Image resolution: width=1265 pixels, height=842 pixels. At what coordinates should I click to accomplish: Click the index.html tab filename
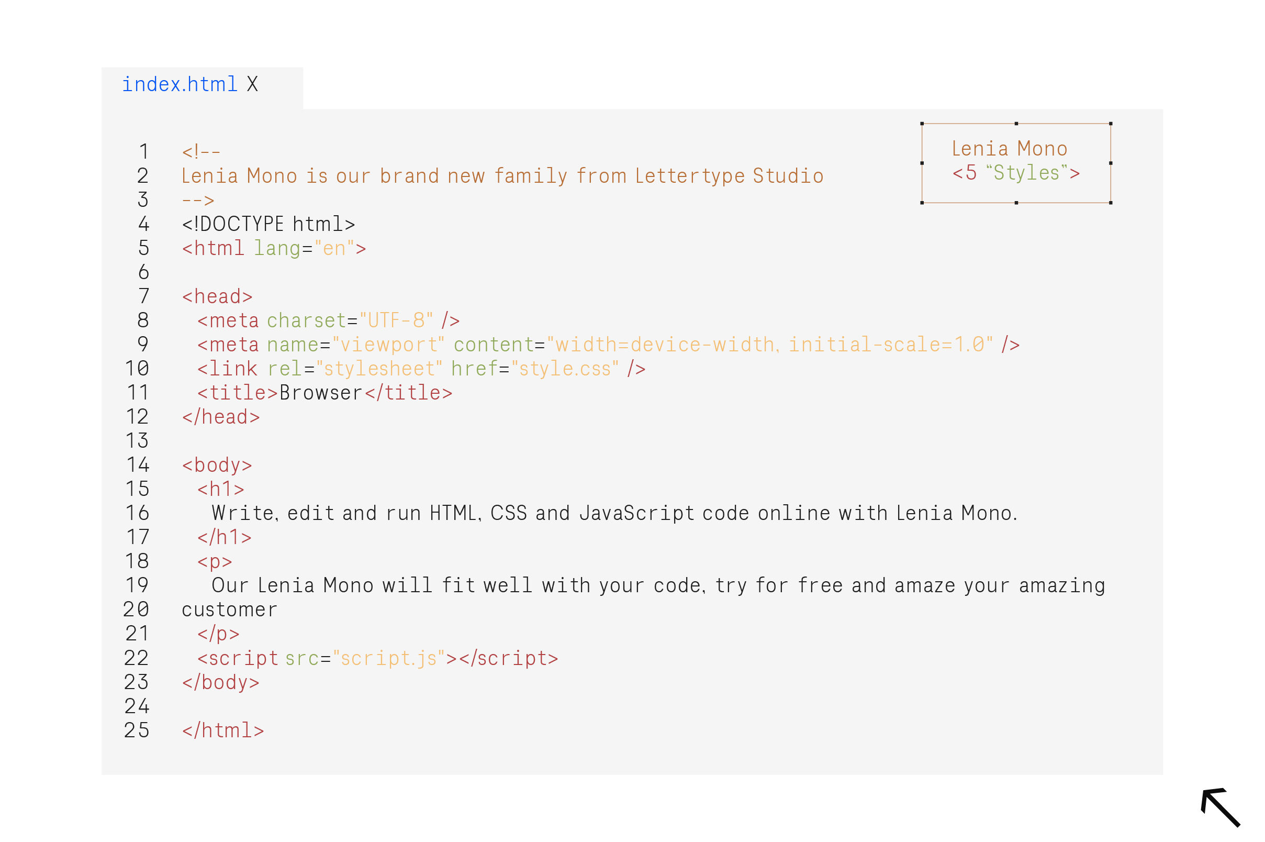click(x=180, y=84)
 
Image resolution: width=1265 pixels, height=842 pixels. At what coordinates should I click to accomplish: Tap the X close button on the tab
click(x=252, y=84)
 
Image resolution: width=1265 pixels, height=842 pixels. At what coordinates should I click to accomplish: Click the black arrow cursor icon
click(x=1221, y=807)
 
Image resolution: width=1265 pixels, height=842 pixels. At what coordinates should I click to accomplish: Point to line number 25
click(x=136, y=730)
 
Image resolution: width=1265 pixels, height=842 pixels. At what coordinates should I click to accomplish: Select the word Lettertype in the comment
click(x=690, y=176)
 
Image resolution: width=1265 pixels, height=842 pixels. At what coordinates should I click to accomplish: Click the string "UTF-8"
click(x=396, y=320)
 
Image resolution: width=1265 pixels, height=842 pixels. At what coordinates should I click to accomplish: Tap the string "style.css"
click(x=565, y=369)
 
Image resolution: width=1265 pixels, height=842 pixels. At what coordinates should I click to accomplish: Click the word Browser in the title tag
click(x=321, y=393)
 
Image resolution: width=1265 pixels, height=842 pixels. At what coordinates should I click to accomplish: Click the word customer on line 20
click(x=230, y=610)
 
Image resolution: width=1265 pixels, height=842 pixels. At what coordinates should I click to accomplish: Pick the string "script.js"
click(x=388, y=658)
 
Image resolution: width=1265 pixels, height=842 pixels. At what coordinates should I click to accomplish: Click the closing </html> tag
click(x=223, y=731)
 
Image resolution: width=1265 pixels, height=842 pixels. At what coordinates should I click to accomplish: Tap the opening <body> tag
click(x=217, y=466)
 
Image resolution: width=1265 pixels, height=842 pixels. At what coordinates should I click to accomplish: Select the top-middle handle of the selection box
click(x=1016, y=124)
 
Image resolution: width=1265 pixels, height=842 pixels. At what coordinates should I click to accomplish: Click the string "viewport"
click(x=388, y=345)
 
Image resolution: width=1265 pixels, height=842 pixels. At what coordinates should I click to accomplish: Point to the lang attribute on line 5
click(x=277, y=249)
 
